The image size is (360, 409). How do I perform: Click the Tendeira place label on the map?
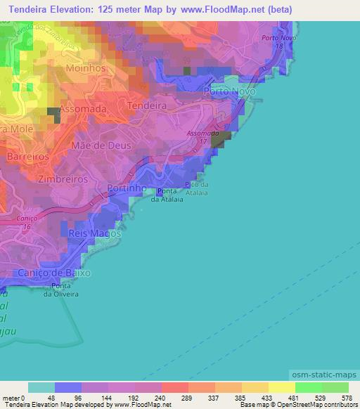click(146, 105)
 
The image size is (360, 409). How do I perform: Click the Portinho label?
click(127, 188)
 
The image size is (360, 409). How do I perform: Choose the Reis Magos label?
click(91, 233)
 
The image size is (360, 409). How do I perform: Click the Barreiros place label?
click(28, 156)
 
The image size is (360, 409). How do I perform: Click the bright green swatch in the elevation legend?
click(308, 387)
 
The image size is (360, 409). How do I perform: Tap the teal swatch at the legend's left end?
click(41, 387)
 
